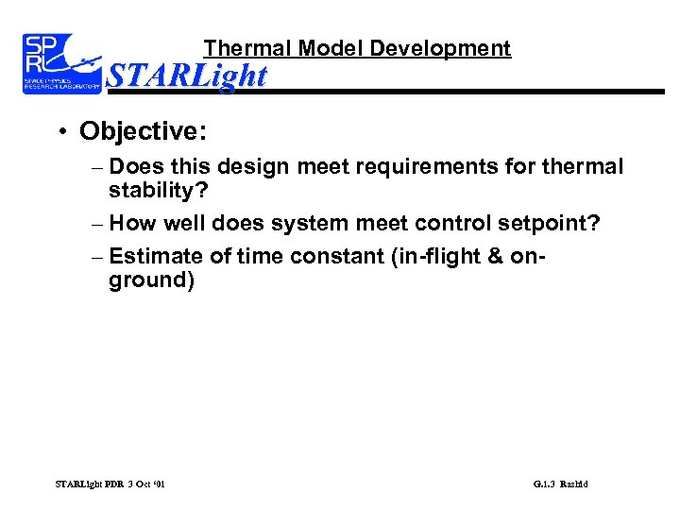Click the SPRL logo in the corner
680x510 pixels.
(x=60, y=63)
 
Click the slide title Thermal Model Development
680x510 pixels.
(x=357, y=48)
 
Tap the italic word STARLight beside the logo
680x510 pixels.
(x=187, y=76)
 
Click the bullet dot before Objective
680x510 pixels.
(x=60, y=130)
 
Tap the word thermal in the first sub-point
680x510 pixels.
(x=581, y=167)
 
